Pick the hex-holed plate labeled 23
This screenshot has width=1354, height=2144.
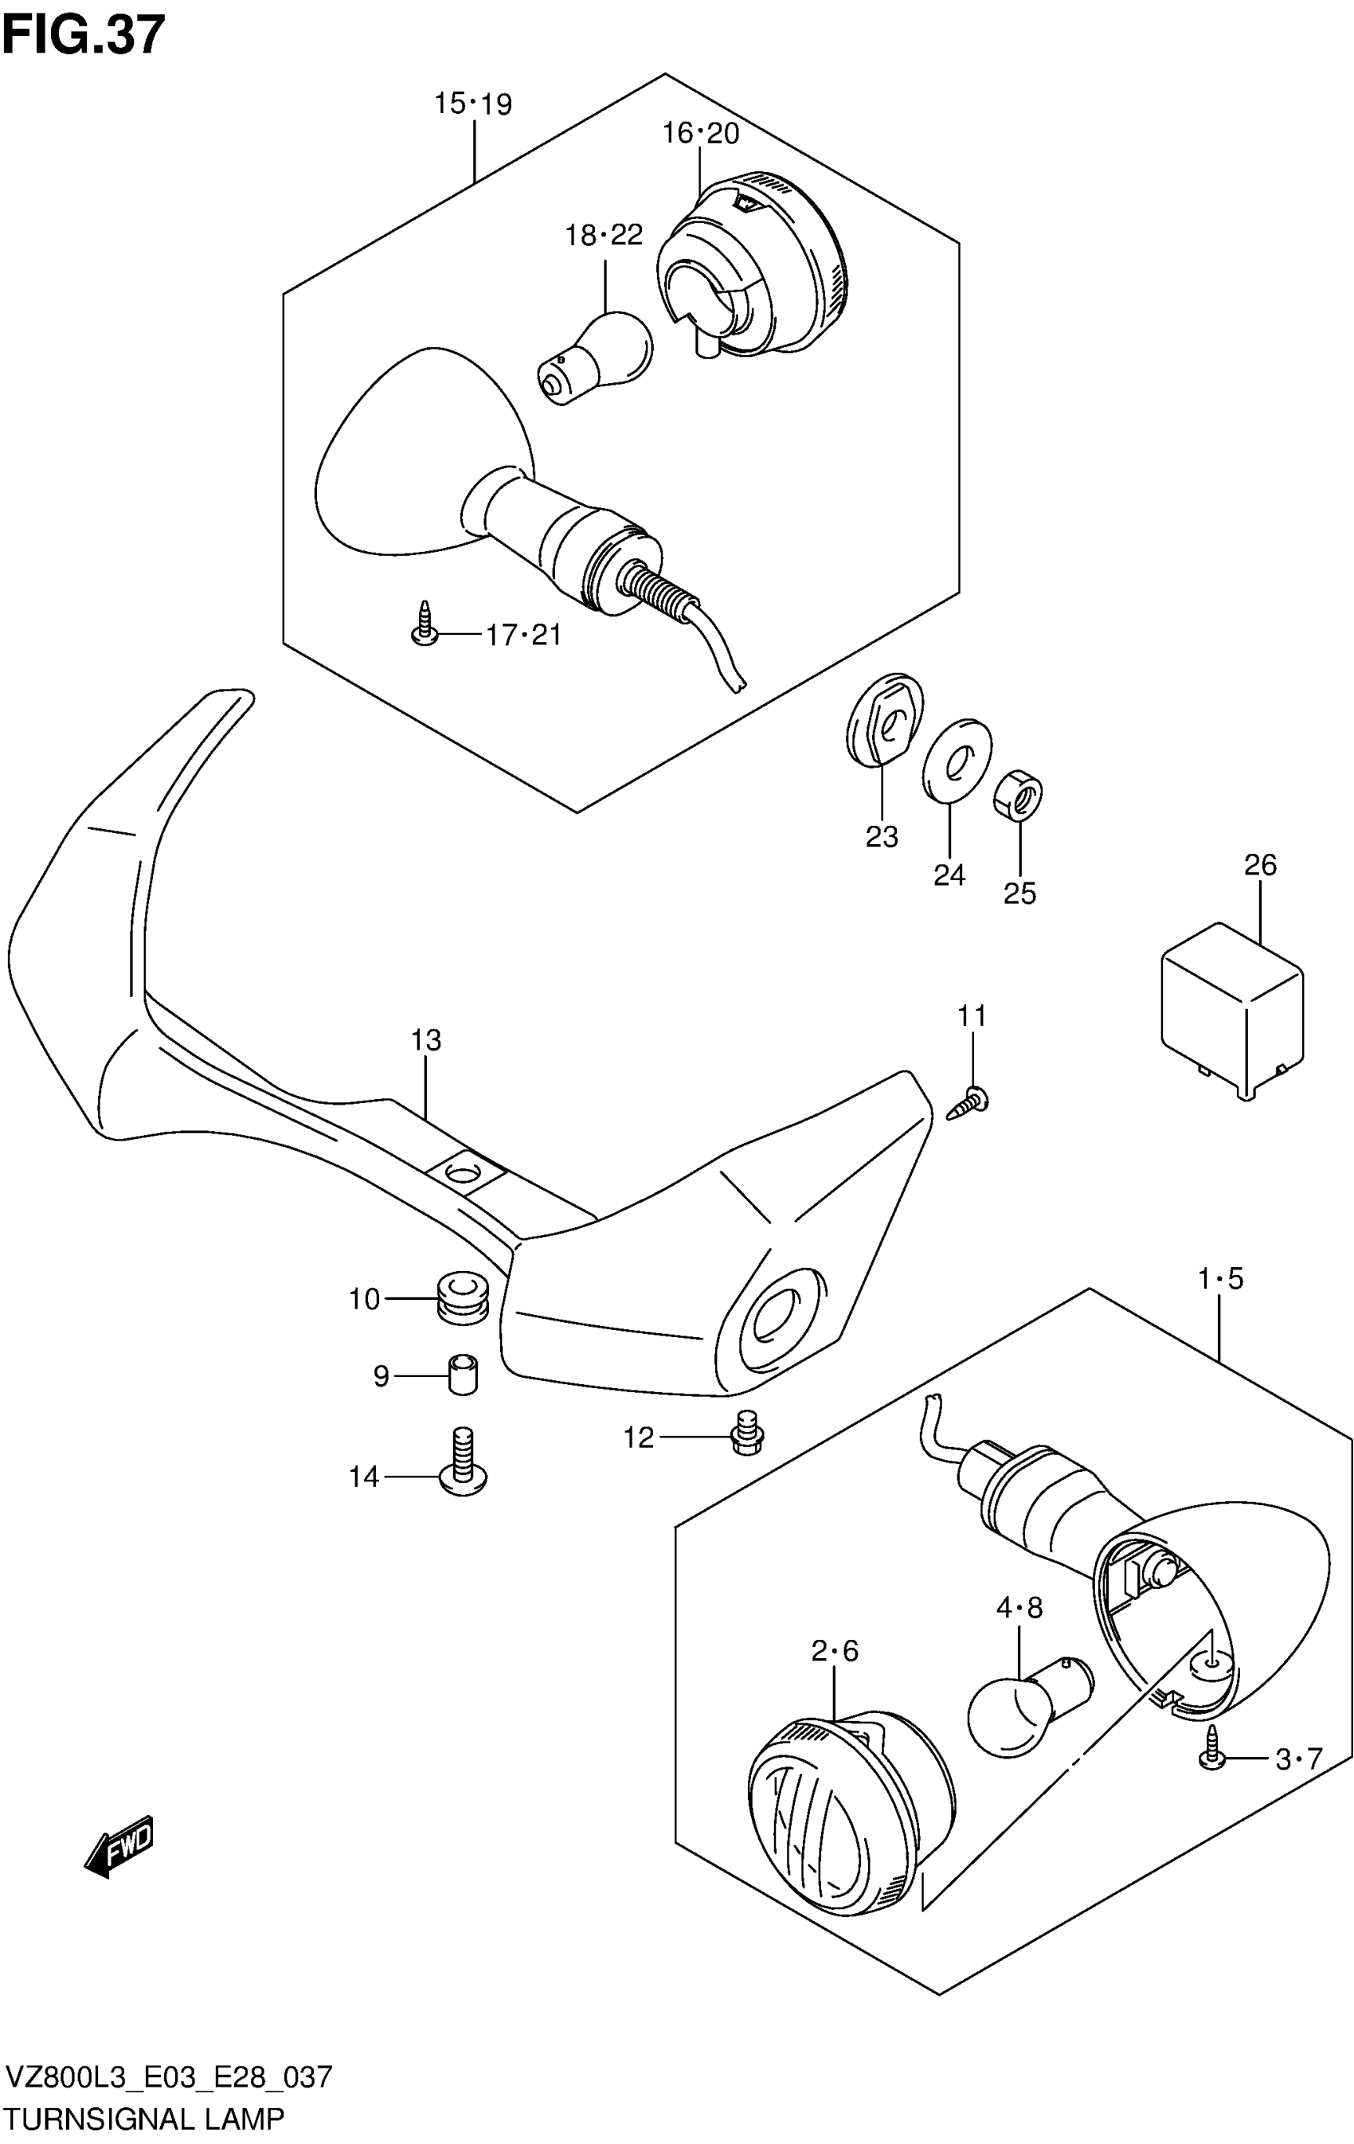(x=884, y=720)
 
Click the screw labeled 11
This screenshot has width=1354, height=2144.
(x=968, y=1104)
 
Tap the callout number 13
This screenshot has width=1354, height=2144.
(x=426, y=1039)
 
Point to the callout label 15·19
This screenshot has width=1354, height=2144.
(x=472, y=104)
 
